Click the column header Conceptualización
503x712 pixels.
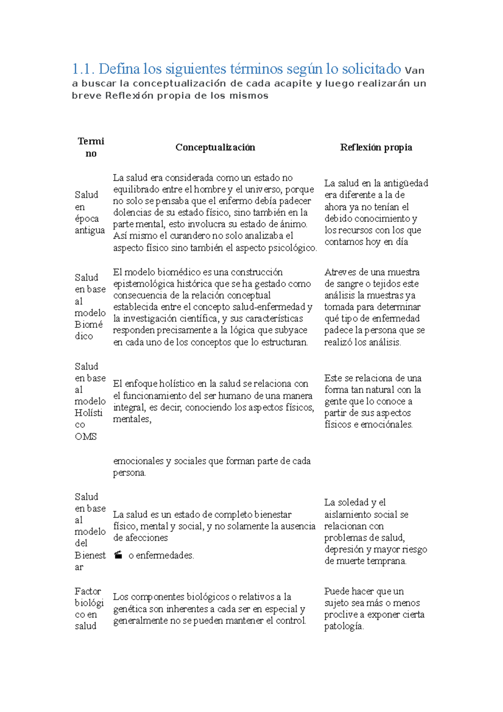pos(215,147)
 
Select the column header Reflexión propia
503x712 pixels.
pos(376,147)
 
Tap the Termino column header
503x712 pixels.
pos(91,147)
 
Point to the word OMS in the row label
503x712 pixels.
pos(86,437)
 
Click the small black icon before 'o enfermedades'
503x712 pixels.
pos(119,555)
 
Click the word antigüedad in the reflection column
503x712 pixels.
pos(405,183)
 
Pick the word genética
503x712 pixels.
pos(130,609)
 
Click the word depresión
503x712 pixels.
pos(344,549)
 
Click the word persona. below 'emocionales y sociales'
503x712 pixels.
pos(129,473)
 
